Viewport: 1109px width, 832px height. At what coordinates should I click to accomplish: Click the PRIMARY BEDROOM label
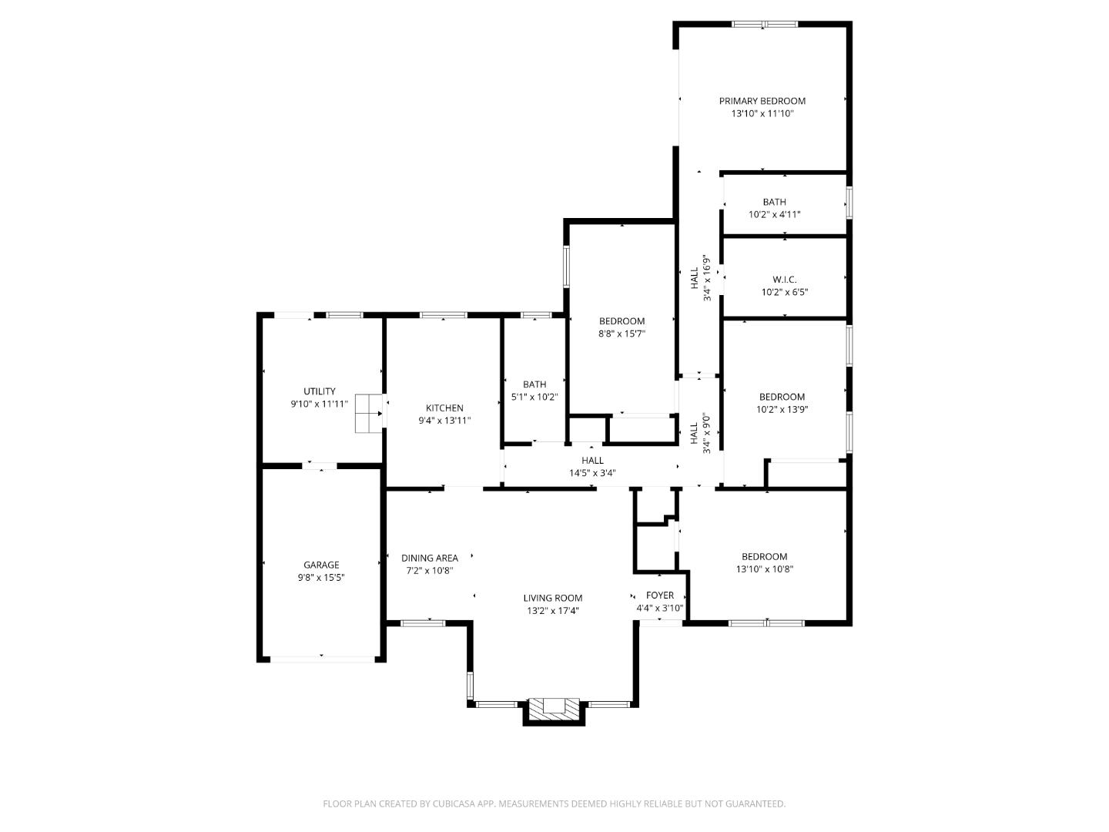(x=762, y=101)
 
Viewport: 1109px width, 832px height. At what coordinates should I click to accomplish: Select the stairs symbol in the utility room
(x=368, y=414)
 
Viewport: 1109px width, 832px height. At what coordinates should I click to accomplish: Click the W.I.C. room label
(x=784, y=280)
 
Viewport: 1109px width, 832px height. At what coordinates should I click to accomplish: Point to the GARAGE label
(x=320, y=565)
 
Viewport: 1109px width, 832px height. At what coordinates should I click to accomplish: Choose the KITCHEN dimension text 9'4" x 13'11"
(x=444, y=421)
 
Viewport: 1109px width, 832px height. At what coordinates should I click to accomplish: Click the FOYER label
(x=659, y=595)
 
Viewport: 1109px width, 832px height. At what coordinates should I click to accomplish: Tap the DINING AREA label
(x=430, y=559)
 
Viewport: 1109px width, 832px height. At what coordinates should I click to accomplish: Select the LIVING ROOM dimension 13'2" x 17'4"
(x=552, y=611)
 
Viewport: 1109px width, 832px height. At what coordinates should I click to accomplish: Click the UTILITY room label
(x=319, y=391)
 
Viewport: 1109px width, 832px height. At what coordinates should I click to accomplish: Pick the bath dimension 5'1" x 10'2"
(x=534, y=397)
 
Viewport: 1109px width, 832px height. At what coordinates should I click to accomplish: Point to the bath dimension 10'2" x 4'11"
(x=774, y=215)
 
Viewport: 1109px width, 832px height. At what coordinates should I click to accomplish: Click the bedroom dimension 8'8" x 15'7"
(x=622, y=334)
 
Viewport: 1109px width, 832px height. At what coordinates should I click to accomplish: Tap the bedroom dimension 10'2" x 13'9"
(x=782, y=410)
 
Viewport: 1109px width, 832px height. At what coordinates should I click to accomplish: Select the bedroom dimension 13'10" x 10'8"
(x=764, y=569)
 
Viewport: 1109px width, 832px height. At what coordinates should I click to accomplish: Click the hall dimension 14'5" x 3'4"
(x=592, y=473)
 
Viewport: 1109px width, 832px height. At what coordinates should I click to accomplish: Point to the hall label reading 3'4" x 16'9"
(x=707, y=278)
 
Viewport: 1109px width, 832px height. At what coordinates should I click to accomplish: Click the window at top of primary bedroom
(x=764, y=25)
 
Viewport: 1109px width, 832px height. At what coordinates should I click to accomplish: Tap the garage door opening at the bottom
(x=321, y=659)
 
